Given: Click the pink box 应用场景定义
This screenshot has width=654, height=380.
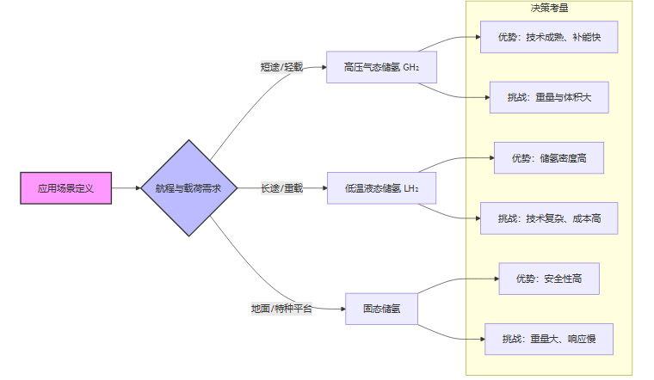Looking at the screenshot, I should pos(65,187).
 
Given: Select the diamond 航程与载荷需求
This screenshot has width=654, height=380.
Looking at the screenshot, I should pos(188,187).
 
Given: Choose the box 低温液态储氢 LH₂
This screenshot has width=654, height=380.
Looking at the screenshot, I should pos(382,187).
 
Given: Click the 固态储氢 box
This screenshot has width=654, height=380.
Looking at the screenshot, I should pos(381,309).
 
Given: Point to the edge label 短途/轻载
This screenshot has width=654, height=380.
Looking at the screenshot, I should pos(281,66).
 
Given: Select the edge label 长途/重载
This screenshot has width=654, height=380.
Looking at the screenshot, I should pos(281,187).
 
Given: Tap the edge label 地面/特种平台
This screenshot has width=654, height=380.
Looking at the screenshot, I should pos(281,309).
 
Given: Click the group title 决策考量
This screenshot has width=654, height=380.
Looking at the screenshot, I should pos(549,9).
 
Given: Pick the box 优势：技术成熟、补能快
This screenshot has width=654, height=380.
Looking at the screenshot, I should pos(549,37).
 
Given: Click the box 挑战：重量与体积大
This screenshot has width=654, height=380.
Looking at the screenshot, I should pos(549,97).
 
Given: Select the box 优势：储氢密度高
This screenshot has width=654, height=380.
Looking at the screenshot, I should pos(549,158).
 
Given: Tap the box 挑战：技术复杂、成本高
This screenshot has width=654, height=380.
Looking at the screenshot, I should pos(549,218).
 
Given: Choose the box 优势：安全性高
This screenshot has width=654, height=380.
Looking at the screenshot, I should pos(549,279).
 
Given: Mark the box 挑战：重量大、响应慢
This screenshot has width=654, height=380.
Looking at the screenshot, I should pos(549,339).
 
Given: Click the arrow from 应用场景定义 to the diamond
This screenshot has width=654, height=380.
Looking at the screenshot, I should pos(126,187).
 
